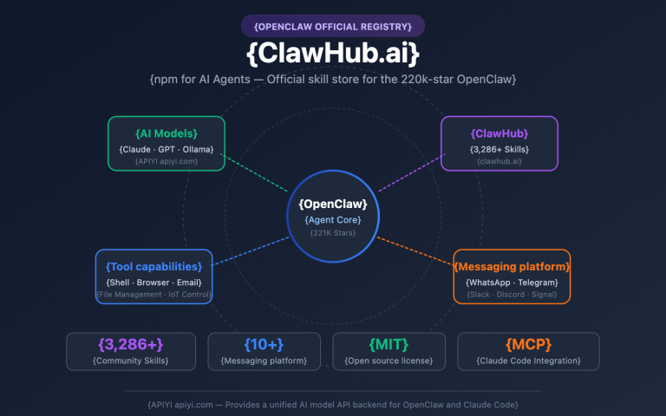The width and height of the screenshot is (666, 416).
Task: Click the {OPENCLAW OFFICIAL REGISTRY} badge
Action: pos(333,26)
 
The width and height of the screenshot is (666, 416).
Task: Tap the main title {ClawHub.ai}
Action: pos(333,54)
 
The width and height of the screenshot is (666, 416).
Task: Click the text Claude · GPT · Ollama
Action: pos(166,149)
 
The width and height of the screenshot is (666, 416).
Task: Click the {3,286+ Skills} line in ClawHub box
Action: pos(499,149)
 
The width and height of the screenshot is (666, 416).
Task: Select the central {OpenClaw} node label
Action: pos(333,205)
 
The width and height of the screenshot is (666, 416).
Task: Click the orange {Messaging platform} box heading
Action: pos(512,266)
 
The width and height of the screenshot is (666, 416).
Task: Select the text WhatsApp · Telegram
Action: pos(512,283)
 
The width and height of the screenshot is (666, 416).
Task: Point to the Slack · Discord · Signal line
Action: pos(512,295)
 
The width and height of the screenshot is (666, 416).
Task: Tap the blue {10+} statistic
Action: pos(264,344)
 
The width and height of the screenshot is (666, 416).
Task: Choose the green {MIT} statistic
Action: pos(388,344)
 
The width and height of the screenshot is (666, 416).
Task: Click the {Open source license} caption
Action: pos(388,361)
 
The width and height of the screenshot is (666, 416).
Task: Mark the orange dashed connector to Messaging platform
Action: pos(416,249)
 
